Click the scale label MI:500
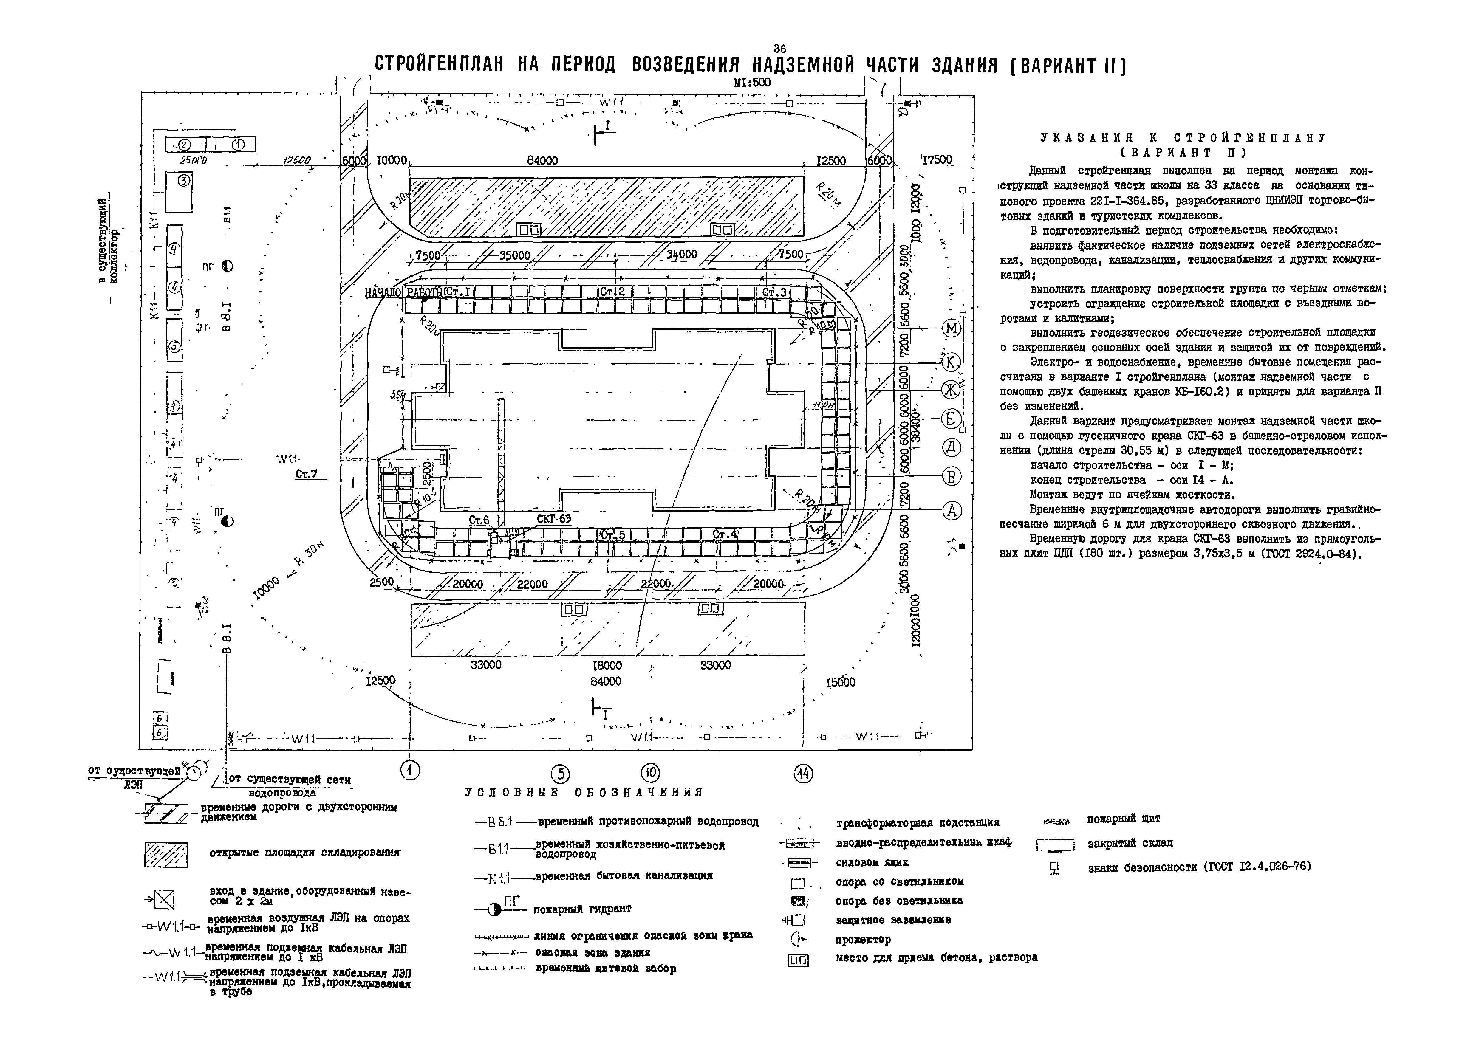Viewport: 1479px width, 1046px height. pyautogui.click(x=752, y=83)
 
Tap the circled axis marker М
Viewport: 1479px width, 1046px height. pyautogui.click(x=952, y=328)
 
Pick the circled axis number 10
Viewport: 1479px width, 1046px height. pyautogui.click(x=651, y=773)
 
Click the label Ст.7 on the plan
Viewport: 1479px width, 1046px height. pyautogui.click(x=307, y=474)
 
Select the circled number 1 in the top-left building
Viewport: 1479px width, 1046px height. pyautogui.click(x=237, y=144)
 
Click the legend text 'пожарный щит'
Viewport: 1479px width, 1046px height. pyautogui.click(x=1123, y=819)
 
